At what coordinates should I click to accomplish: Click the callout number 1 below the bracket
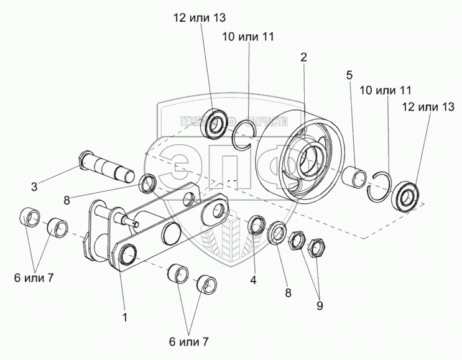(125, 318)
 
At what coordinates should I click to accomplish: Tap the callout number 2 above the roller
(303, 57)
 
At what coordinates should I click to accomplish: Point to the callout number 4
(253, 280)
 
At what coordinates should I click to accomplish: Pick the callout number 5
(350, 76)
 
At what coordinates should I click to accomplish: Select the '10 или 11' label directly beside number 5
(386, 91)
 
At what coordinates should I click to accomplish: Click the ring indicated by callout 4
(257, 225)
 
